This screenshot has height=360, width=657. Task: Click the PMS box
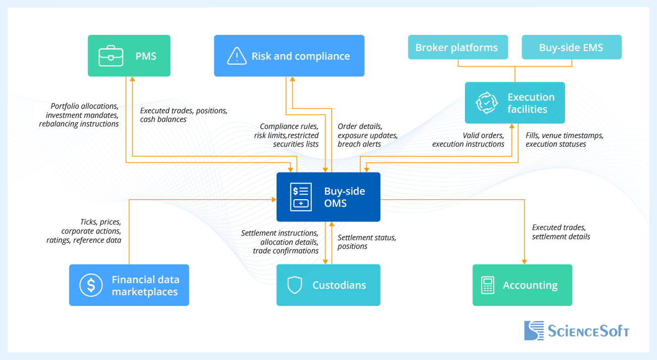click(129, 56)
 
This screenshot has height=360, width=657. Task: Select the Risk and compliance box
click(289, 56)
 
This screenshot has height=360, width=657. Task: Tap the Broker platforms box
click(457, 48)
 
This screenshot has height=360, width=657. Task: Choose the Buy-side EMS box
click(571, 48)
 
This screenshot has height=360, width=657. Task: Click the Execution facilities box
click(514, 103)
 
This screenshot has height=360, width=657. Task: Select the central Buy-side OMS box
click(328, 197)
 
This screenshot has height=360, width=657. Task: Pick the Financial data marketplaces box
click(129, 285)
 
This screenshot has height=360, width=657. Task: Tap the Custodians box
click(328, 285)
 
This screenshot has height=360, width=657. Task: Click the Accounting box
click(522, 285)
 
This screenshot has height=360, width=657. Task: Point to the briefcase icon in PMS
click(111, 56)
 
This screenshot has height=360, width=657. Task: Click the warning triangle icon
click(237, 56)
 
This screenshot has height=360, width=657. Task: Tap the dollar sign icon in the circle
click(91, 285)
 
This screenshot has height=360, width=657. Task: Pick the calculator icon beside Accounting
click(487, 285)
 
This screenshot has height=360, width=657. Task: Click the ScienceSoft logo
click(576, 331)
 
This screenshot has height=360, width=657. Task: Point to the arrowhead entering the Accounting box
click(524, 261)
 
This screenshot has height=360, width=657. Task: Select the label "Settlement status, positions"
click(366, 242)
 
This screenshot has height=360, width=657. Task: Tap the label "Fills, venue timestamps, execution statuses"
click(565, 140)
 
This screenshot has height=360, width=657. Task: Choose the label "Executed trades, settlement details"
click(561, 232)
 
